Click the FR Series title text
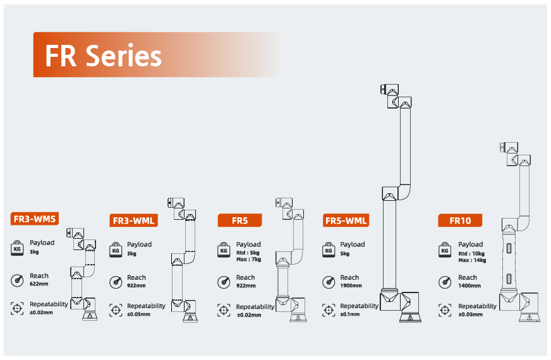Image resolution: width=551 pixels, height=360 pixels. (x=104, y=56)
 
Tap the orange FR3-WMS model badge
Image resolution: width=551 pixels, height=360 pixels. (x=34, y=219)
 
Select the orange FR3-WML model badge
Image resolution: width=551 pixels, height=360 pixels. (x=133, y=220)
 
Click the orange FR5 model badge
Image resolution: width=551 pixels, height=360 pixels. (x=239, y=220)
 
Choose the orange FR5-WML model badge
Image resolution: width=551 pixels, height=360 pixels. (x=346, y=220)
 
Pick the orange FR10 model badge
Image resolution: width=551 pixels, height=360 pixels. (x=460, y=220)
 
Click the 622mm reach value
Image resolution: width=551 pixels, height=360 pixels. (x=39, y=284)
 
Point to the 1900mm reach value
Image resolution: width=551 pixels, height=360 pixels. (x=351, y=285)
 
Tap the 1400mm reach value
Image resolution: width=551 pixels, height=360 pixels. (x=469, y=285)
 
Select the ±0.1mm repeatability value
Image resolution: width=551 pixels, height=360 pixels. (x=349, y=314)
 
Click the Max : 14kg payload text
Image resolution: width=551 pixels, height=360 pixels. (x=472, y=260)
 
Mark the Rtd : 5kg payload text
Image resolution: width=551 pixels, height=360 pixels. (x=248, y=253)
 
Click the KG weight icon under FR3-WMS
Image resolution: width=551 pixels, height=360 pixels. (x=17, y=248)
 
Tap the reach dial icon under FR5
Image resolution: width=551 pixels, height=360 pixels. (x=224, y=282)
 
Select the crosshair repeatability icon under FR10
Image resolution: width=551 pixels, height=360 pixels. (x=445, y=310)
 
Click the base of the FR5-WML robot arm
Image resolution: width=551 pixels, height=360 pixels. (x=410, y=318)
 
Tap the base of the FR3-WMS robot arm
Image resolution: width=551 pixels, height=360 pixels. (x=90, y=316)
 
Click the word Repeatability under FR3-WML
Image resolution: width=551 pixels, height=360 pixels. (x=146, y=306)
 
